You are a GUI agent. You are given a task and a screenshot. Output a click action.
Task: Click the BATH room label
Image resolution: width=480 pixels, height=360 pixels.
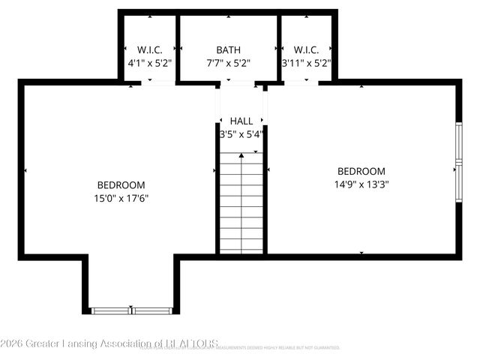[x=228, y=49]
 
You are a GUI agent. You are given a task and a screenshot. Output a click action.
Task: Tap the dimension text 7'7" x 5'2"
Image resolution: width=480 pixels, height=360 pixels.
[x=228, y=64]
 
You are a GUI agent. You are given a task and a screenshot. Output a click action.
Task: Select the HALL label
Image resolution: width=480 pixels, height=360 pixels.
[x=241, y=121]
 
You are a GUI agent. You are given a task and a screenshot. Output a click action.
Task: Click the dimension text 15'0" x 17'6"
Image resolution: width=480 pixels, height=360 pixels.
[x=121, y=199]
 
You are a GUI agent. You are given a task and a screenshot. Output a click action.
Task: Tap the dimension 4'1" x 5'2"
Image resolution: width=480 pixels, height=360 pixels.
[x=148, y=64]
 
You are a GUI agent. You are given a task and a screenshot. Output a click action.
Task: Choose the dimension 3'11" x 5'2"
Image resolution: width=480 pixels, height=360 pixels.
[x=307, y=64]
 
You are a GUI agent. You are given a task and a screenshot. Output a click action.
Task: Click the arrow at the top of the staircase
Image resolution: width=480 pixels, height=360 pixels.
[x=241, y=156]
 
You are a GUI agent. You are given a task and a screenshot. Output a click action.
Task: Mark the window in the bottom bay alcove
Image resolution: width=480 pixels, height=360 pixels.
[x=131, y=309]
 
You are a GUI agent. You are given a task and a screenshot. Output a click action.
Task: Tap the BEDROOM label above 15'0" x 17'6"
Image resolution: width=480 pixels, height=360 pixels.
[x=121, y=185]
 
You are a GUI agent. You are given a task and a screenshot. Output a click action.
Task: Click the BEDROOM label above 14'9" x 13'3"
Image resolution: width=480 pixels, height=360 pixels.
[x=361, y=171]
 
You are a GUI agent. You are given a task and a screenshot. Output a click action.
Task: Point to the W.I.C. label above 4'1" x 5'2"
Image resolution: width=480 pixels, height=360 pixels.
[x=148, y=49]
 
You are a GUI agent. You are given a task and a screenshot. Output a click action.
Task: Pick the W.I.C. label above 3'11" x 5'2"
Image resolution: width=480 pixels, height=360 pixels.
[x=307, y=49]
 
